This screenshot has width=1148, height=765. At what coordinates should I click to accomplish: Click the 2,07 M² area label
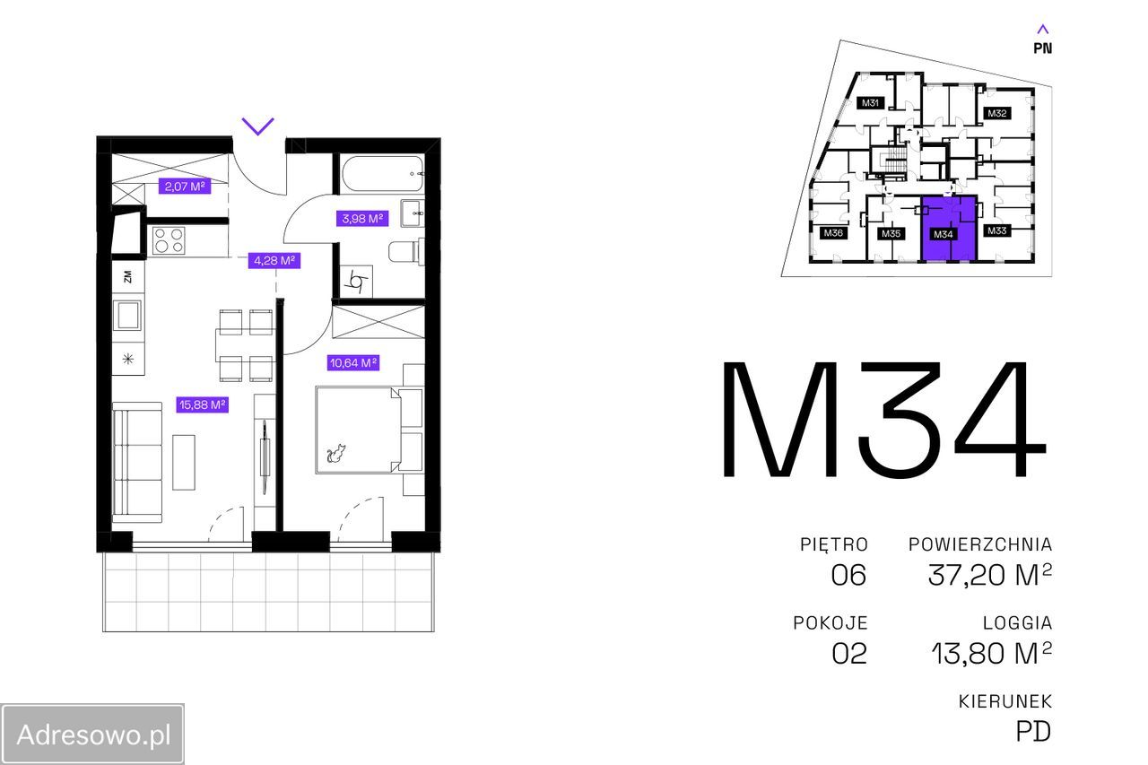coord(185,186)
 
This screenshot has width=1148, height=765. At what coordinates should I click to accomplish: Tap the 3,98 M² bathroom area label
coord(361,218)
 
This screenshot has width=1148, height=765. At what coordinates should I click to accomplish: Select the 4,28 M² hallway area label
coord(274,260)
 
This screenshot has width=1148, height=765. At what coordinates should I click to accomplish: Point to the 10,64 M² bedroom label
coord(353,363)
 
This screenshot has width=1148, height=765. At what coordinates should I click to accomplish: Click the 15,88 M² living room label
coord(202,404)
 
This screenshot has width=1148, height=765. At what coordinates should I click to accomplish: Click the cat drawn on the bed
coord(336,453)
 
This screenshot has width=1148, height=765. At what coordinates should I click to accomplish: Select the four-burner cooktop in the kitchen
coord(169,240)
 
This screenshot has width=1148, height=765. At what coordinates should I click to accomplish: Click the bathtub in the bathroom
coord(383,174)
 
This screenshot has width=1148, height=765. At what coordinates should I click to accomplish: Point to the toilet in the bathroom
coord(407,252)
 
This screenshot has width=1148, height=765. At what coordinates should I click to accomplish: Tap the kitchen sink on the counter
coord(127,315)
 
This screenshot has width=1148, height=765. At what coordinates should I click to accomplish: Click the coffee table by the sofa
coord(184,462)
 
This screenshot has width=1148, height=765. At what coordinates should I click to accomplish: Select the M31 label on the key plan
coord(870,102)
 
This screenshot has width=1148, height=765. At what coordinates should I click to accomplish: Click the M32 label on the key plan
coord(996,113)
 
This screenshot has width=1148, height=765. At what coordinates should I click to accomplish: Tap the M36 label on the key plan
coord(833,232)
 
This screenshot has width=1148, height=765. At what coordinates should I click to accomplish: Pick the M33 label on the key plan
coord(996,230)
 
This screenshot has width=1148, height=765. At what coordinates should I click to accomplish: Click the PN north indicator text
coord(1042,48)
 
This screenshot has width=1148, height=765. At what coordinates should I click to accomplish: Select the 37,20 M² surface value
coord(989,575)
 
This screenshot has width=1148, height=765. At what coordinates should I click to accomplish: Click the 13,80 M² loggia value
coord(991,653)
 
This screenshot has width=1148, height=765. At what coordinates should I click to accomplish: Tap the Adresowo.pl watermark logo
coord(92,735)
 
